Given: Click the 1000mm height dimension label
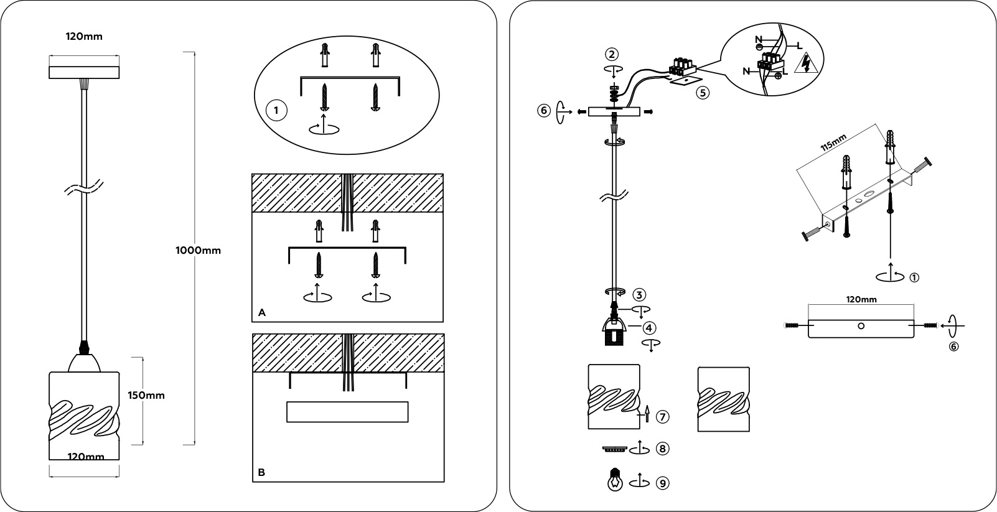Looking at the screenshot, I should click(199, 251).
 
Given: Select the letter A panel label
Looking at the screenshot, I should click(262, 313).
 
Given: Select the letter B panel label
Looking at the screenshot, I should click(261, 472).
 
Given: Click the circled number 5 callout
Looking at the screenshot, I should click(702, 94).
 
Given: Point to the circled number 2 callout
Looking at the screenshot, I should click(613, 54).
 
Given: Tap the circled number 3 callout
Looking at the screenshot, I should click(640, 294).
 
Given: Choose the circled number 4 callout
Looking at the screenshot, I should click(649, 327).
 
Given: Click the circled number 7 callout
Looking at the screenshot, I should click(663, 416).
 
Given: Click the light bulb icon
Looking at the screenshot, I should click(616, 480).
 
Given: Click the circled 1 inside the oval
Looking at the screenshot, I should click(276, 111).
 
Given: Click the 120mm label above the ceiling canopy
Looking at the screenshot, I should click(84, 36).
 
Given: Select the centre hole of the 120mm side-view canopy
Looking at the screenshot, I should click(861, 325).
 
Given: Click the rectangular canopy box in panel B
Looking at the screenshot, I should click(347, 412).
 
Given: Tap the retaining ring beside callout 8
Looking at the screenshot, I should click(614, 449).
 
